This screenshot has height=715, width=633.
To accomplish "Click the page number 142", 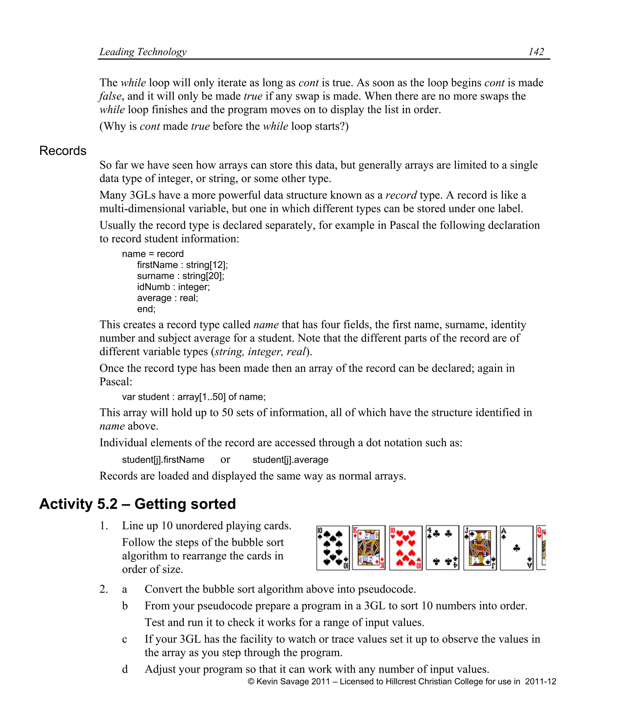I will (x=536, y=52).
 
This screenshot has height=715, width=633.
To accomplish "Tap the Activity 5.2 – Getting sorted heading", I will (x=137, y=504).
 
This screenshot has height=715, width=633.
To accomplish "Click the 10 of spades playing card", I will (x=333, y=548).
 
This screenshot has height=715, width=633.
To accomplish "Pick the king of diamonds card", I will (x=369, y=548).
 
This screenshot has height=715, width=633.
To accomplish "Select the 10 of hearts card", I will (x=406, y=548).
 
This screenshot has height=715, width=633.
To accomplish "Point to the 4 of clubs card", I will (x=442, y=548).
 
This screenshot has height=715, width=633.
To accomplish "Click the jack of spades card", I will (x=480, y=548).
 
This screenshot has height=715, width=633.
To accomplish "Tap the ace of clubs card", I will (x=516, y=548).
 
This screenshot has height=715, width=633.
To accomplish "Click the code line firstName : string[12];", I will (x=182, y=265).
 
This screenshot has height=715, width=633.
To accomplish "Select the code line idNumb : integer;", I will (x=173, y=287).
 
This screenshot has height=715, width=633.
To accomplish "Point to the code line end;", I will (x=146, y=309).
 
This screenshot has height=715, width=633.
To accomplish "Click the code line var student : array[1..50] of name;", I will (x=194, y=397).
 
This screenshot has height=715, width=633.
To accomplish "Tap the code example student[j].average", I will (x=290, y=460).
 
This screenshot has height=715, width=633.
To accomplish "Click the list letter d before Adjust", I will (x=125, y=669).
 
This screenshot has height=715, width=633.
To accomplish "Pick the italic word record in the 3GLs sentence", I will (x=401, y=195).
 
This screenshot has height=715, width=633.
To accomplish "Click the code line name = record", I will (x=153, y=254).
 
